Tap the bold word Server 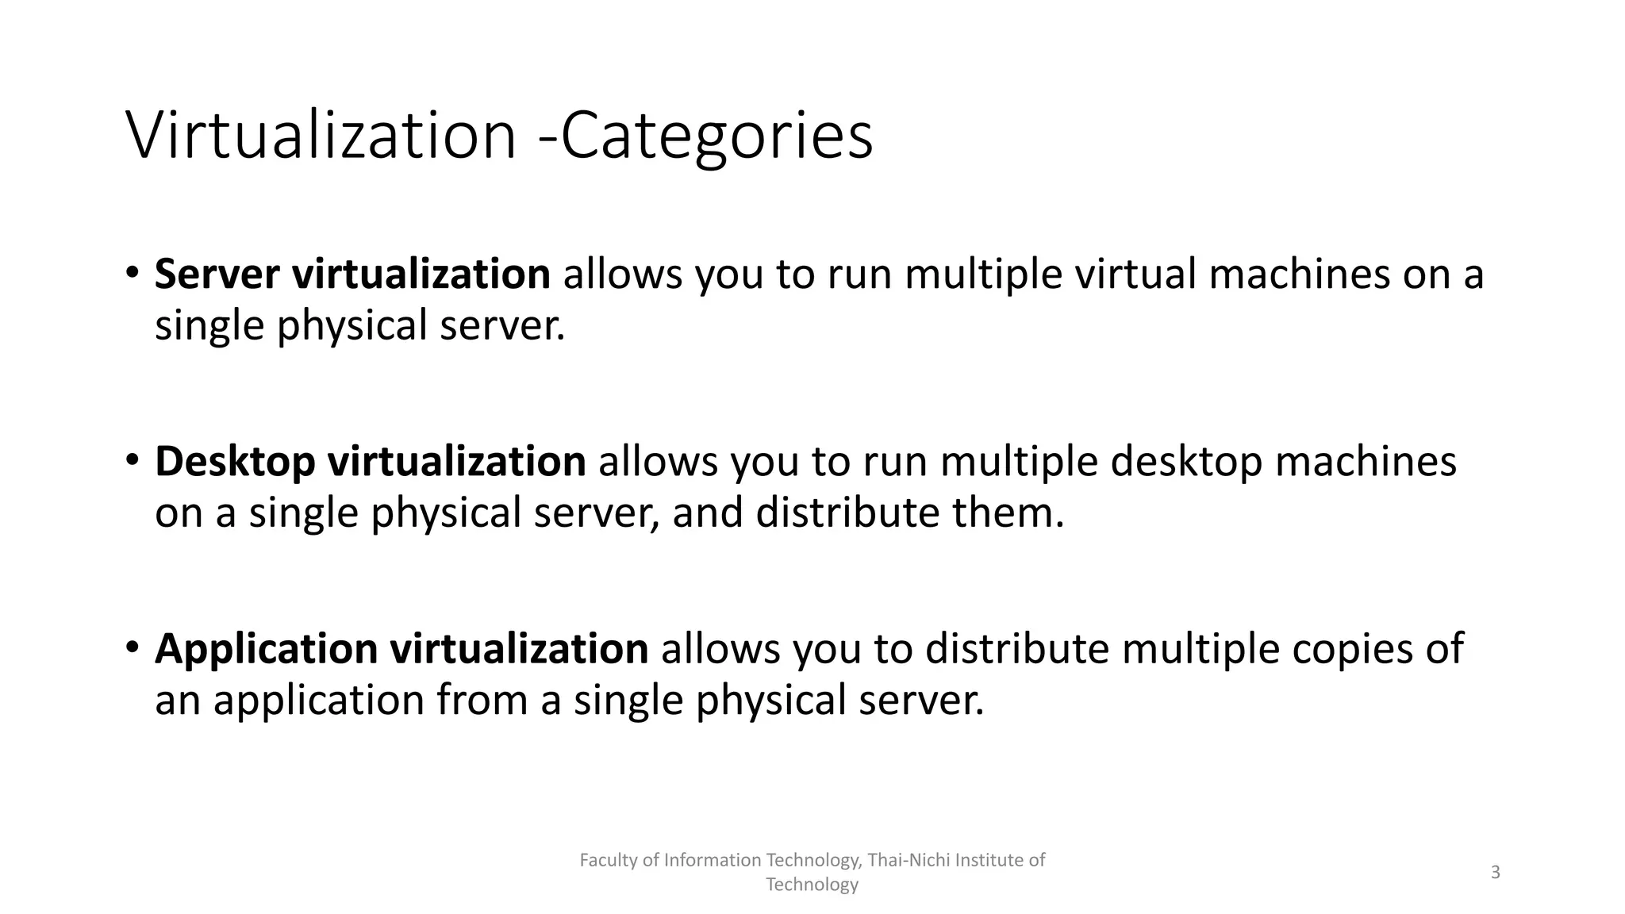217,274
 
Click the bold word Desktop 235,461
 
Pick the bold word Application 266,649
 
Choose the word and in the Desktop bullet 708,513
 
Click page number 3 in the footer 1496,873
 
